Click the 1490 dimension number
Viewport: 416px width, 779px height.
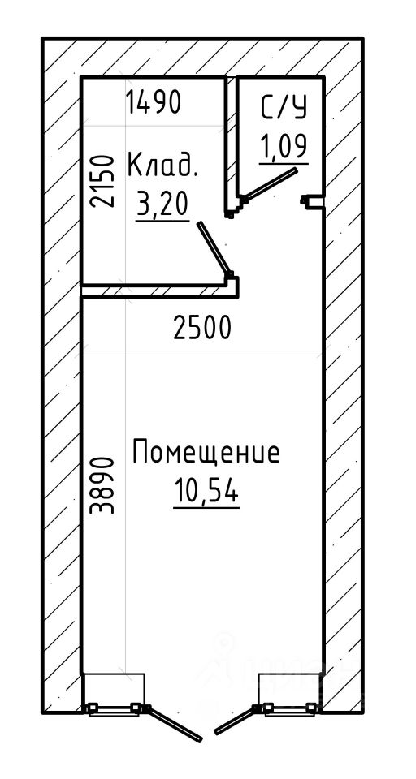point(154,103)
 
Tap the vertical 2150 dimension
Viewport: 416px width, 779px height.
point(102,181)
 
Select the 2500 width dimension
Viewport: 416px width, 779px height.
point(202,329)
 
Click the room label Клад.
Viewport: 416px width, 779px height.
point(162,166)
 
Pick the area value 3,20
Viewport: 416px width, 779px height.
point(162,204)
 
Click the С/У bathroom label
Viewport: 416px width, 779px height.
point(284,108)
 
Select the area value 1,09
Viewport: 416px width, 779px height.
point(284,146)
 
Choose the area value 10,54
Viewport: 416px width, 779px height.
point(206,492)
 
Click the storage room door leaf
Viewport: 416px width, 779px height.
point(214,248)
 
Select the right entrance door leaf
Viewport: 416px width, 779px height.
point(235,721)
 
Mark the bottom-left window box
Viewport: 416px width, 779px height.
point(114,694)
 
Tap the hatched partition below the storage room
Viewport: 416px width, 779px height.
point(159,291)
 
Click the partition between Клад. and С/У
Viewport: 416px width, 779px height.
point(231,147)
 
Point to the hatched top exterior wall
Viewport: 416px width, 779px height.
point(202,57)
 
